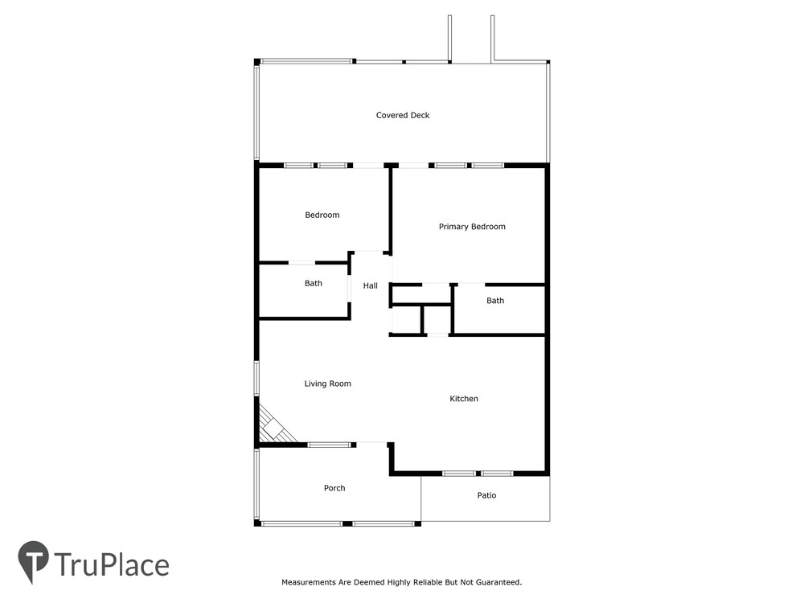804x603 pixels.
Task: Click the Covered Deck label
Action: tap(403, 115)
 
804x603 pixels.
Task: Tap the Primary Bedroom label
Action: tap(472, 227)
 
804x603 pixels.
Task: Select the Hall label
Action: tap(370, 285)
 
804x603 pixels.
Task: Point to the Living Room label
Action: tap(328, 384)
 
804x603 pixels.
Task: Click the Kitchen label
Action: tap(464, 399)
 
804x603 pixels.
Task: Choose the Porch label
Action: tap(334, 488)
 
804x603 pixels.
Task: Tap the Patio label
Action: tap(486, 495)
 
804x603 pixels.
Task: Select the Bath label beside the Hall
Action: tap(314, 283)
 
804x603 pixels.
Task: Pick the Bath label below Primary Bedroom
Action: tap(495, 301)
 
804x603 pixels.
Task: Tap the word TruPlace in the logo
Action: tap(111, 564)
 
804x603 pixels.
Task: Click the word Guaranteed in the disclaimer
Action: tap(498, 582)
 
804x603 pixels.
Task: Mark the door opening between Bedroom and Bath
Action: tap(301, 263)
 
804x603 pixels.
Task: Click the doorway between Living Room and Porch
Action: tap(371, 444)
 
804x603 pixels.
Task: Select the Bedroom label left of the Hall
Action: tap(322, 215)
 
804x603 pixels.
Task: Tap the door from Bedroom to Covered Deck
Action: tap(368, 165)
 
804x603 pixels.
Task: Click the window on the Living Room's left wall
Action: tap(256, 379)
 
